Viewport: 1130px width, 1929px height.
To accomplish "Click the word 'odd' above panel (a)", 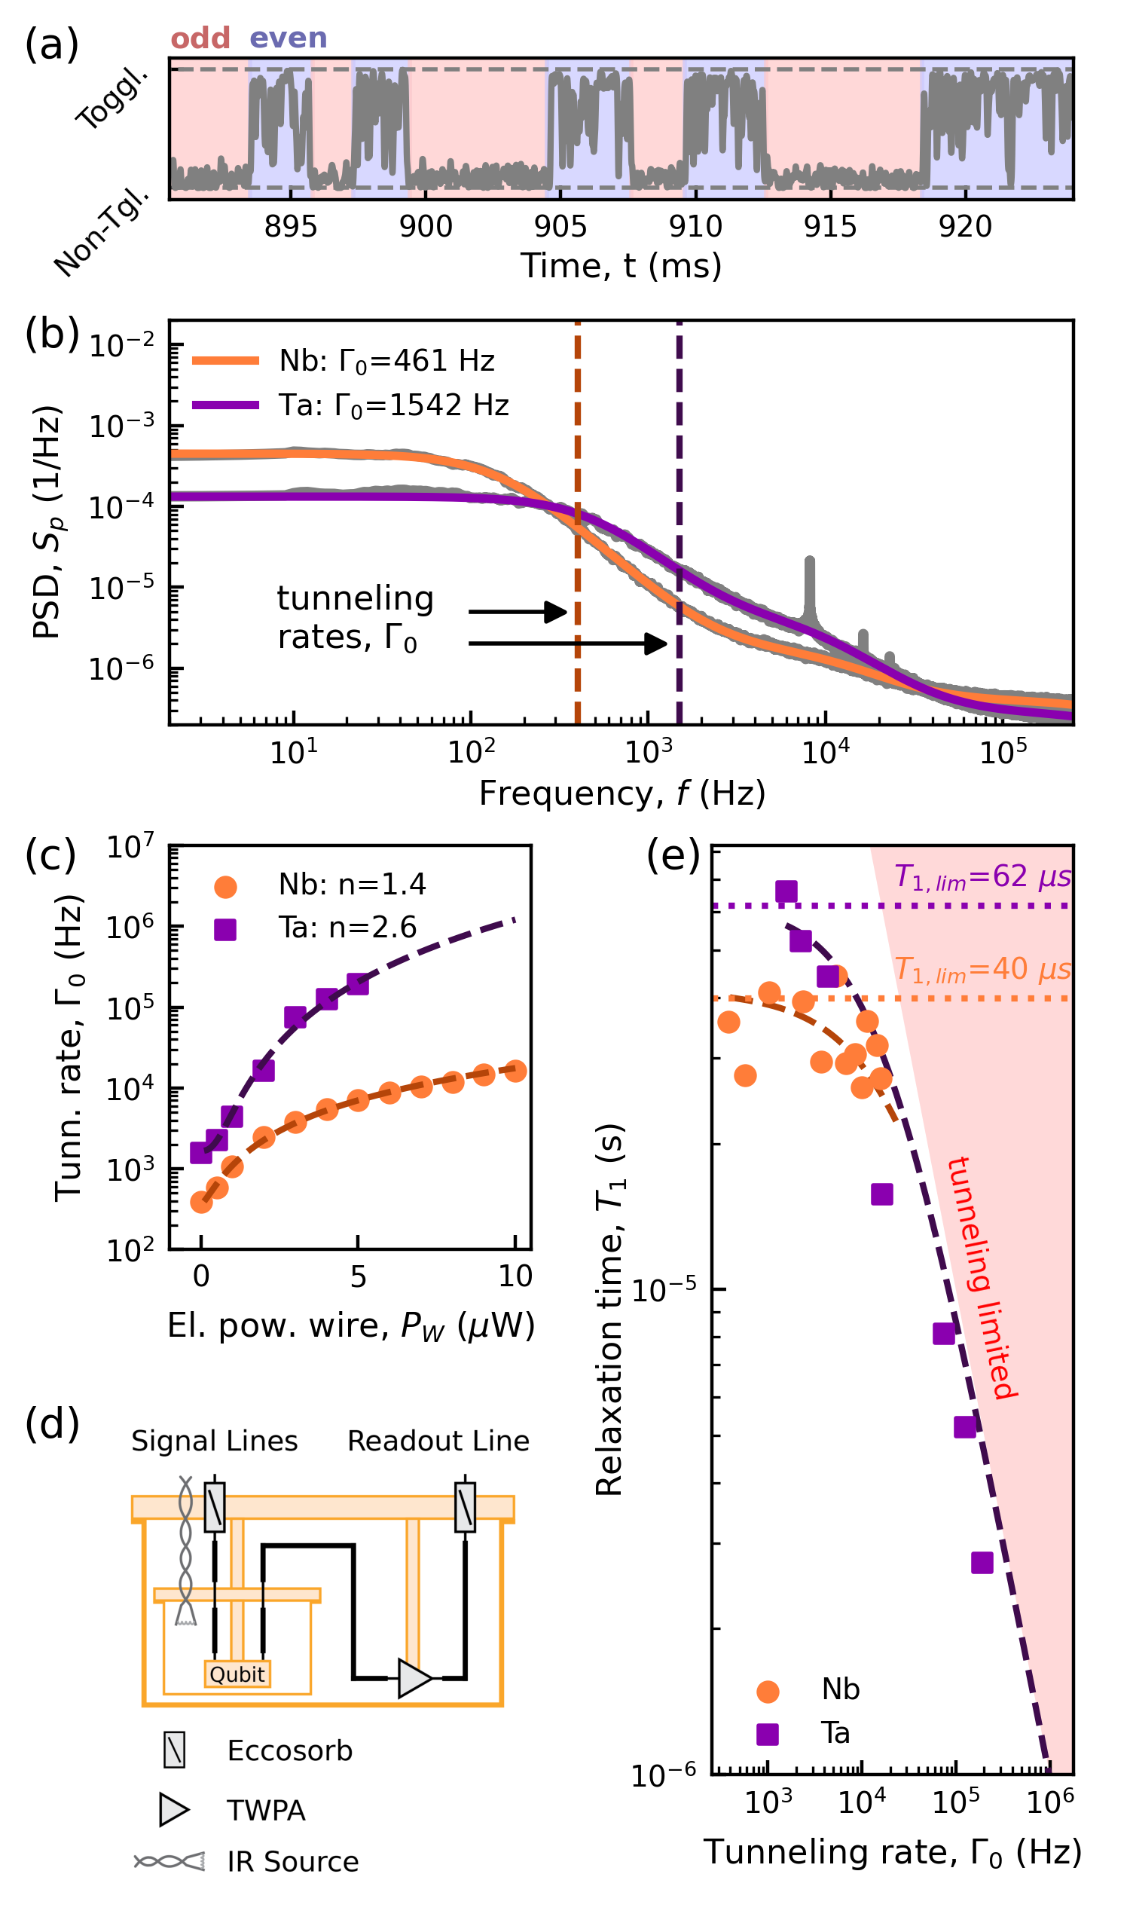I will (200, 38).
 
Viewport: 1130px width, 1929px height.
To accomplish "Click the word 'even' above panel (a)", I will (289, 38).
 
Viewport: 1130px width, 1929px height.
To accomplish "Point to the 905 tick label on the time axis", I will (560, 227).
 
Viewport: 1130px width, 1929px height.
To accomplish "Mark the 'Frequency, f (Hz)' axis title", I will (622, 793).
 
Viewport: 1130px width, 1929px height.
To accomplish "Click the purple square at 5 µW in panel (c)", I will (358, 984).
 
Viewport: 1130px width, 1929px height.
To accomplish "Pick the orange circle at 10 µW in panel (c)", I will (515, 1071).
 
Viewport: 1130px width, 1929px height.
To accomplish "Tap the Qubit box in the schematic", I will (237, 1675).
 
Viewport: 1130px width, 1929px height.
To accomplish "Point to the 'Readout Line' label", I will (438, 1441).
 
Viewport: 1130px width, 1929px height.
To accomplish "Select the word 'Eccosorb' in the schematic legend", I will (290, 1751).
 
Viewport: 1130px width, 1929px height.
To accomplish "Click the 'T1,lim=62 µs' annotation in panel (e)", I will (983, 877).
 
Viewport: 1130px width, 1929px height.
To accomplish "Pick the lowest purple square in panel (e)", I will (982, 1563).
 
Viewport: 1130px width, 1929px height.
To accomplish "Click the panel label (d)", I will (52, 1423).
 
